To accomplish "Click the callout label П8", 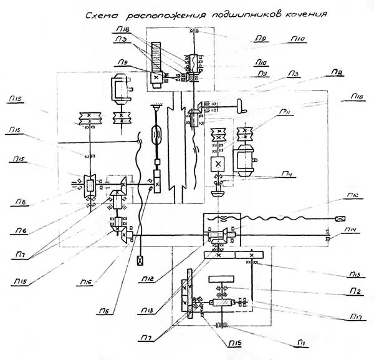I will point(19,202).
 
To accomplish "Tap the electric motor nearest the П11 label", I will point(243,158).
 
